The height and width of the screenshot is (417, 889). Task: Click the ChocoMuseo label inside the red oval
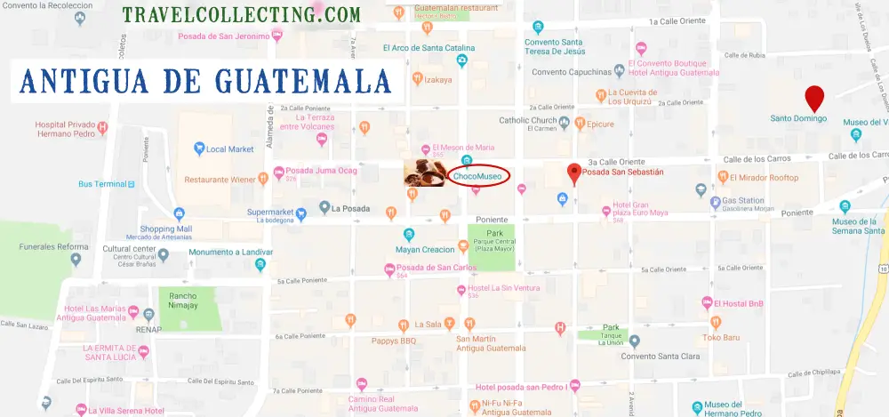(x=477, y=177)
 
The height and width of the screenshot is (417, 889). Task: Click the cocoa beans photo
(x=424, y=173)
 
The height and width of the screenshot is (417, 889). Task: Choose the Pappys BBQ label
(x=396, y=341)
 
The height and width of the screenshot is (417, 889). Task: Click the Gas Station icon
(x=701, y=189)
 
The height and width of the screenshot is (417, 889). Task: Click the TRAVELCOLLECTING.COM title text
(x=242, y=15)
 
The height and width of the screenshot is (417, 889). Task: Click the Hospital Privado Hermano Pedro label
(x=71, y=131)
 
